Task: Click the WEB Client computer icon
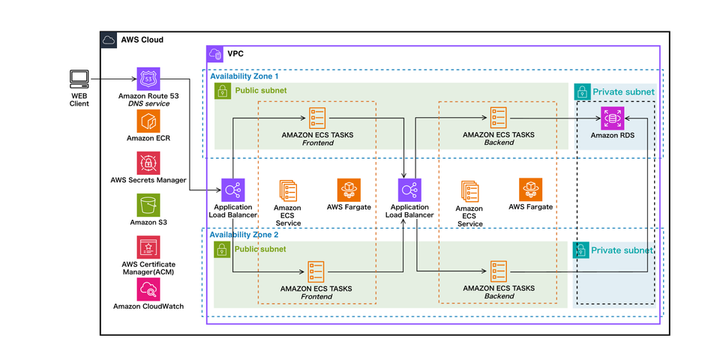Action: tap(79, 79)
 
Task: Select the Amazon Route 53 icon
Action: tap(148, 79)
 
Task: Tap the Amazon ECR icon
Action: tap(148, 121)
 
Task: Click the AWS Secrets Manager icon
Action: tap(148, 163)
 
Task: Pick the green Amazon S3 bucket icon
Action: tap(148, 205)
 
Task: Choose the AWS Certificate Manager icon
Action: tap(148, 248)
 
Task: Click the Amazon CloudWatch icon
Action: tap(148, 289)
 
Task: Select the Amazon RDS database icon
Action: tap(613, 118)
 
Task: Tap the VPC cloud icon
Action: tap(215, 54)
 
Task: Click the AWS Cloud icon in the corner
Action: tap(109, 40)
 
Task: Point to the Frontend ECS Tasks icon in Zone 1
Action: tap(317, 118)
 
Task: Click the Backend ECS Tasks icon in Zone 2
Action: tap(498, 272)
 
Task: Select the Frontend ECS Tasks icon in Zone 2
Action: tap(317, 272)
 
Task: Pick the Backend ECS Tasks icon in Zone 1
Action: tap(498, 118)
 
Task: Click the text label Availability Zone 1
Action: tap(244, 76)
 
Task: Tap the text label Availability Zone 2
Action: tap(244, 235)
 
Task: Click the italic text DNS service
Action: tap(148, 104)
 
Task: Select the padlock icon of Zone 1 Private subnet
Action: tap(582, 92)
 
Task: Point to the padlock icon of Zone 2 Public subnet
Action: tap(222, 250)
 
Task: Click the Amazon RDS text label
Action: tap(613, 135)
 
